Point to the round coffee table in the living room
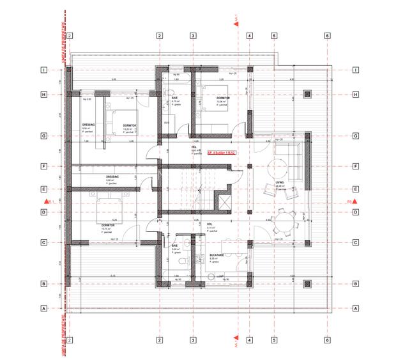(278, 168)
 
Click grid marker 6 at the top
(326, 36)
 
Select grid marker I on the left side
(44, 70)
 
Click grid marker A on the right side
(353, 308)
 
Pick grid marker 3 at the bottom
(192, 340)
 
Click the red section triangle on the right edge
(354, 201)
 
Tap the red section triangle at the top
(237, 22)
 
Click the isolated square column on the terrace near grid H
(307, 95)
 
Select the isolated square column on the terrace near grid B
(307, 283)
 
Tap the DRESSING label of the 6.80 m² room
(112, 176)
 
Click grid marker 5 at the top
(273, 36)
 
